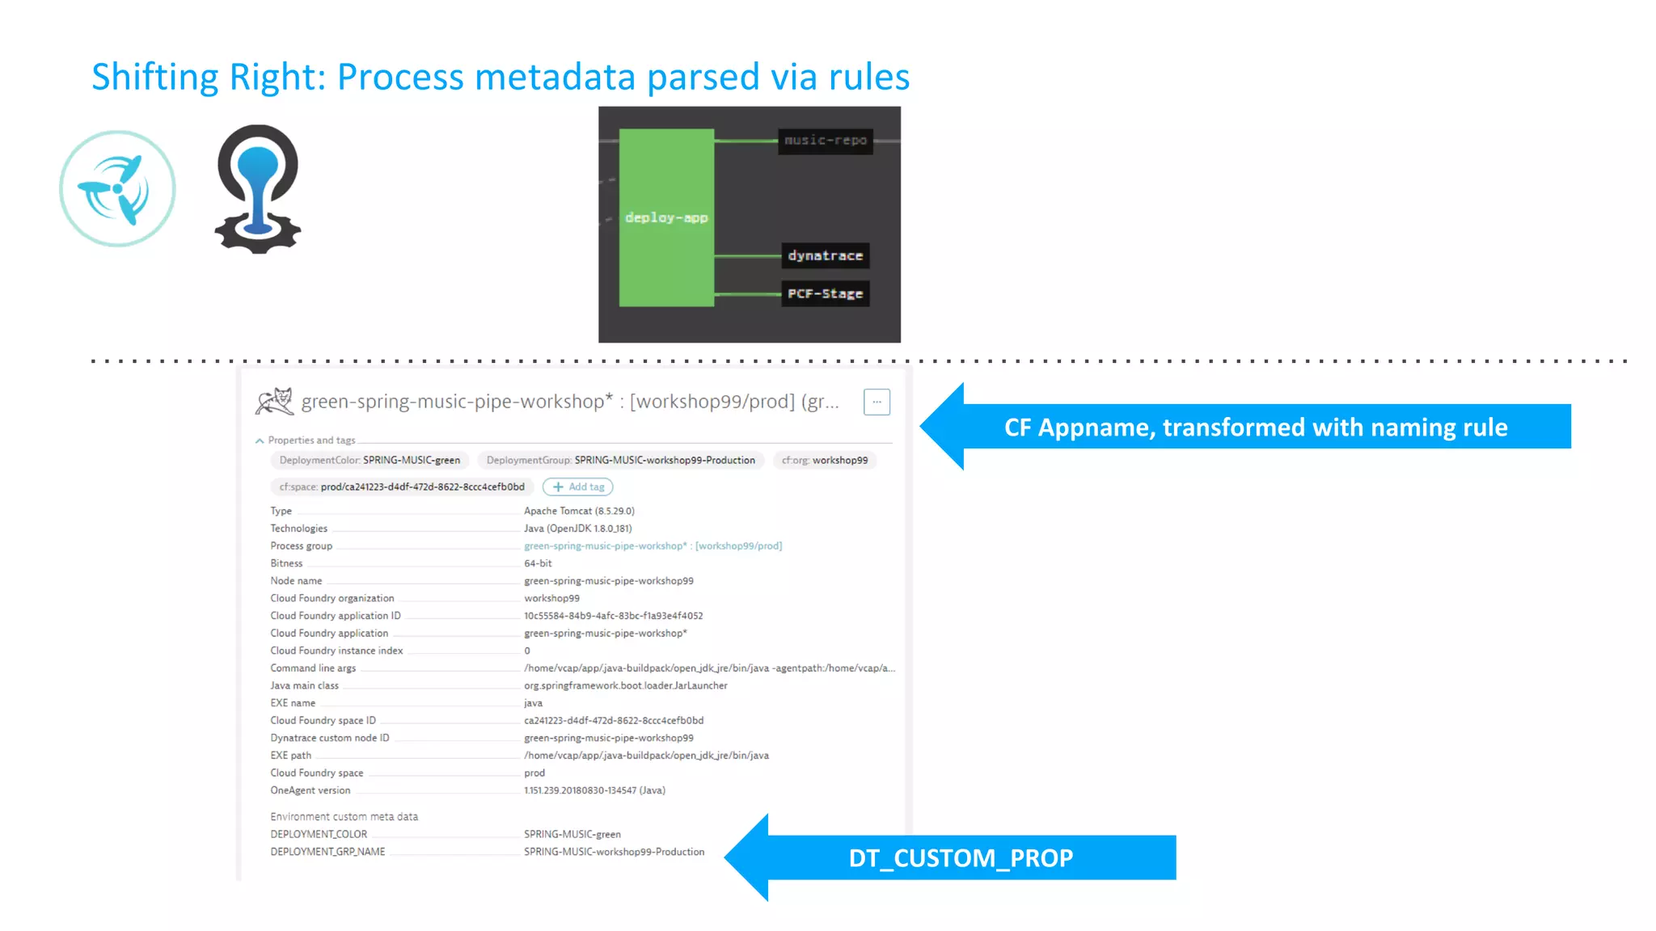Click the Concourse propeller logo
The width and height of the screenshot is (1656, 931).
(x=117, y=188)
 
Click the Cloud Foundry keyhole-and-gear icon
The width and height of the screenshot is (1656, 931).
(x=258, y=188)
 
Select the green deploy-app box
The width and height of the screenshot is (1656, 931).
(x=666, y=217)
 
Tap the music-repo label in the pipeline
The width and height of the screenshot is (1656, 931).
(x=825, y=141)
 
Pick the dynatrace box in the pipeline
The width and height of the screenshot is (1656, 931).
(x=825, y=255)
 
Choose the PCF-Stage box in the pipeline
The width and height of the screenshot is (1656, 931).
(x=825, y=293)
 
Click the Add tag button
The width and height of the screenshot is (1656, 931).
(x=578, y=487)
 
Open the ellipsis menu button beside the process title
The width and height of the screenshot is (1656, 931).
(x=877, y=402)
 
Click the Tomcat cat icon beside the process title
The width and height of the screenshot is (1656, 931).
(x=274, y=401)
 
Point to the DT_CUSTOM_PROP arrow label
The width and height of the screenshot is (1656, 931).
(x=961, y=857)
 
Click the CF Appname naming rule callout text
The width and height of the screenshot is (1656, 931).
(x=1255, y=427)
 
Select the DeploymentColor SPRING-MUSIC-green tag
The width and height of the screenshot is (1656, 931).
(x=370, y=460)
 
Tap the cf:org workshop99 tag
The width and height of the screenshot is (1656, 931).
(x=825, y=460)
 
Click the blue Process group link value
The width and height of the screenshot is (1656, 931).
(x=653, y=546)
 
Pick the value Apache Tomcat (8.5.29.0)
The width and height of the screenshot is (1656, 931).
(x=579, y=511)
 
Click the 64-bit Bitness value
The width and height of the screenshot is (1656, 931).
(x=538, y=563)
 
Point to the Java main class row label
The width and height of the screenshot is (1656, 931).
(x=305, y=685)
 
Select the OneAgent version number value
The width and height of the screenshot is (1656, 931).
(x=594, y=790)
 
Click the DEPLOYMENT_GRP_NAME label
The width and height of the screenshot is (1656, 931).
(x=327, y=852)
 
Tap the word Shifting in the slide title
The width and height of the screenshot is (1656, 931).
(x=154, y=78)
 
